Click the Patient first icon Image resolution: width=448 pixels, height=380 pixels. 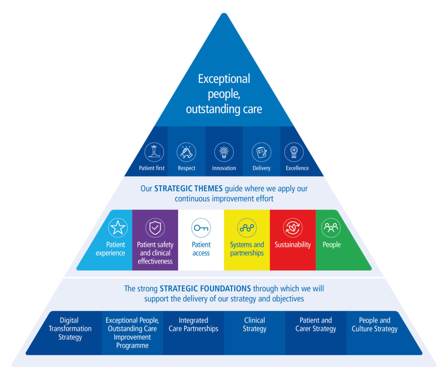coord(154,152)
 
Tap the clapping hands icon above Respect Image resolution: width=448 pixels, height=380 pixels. coord(186,152)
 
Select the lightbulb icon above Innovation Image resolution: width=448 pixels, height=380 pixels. coord(224,152)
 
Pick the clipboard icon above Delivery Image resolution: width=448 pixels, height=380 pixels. coord(261,152)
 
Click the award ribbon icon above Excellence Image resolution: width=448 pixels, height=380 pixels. coord(294,152)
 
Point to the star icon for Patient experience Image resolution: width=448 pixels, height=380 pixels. coord(118,228)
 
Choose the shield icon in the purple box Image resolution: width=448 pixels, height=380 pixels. coord(155,228)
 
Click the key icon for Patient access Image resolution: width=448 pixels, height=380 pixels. coord(201,228)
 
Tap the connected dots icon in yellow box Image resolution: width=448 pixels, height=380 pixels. coord(247,228)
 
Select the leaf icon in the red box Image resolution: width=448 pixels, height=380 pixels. coord(293,228)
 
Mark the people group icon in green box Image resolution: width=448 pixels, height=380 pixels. coord(331,228)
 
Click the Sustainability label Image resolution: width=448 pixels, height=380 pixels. coord(293,245)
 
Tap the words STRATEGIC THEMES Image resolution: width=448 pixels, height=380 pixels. coord(189,189)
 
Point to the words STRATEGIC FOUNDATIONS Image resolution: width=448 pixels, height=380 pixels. coord(205,289)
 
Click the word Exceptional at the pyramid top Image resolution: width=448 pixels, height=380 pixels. coord(224,79)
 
